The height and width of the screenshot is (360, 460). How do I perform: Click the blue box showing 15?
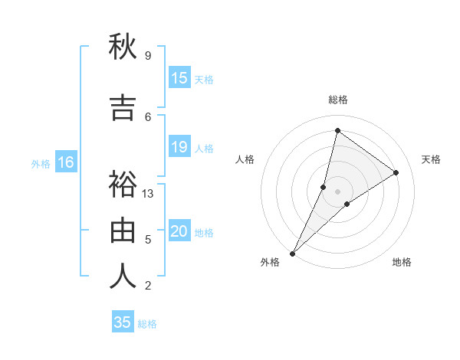(x=179, y=78)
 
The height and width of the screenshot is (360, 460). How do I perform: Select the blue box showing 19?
(x=179, y=147)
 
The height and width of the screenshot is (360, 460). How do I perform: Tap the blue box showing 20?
(x=179, y=232)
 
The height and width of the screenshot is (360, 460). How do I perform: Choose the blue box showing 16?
(x=66, y=162)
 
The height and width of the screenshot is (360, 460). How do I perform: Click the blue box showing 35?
(x=123, y=322)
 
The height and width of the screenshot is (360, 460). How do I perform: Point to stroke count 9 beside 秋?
(x=147, y=56)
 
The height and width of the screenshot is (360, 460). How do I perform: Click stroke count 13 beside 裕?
(x=148, y=194)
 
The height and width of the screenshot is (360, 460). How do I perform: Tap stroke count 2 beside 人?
(x=147, y=286)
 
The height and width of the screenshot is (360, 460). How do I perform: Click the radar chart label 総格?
(x=337, y=100)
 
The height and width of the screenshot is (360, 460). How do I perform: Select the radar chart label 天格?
(x=431, y=159)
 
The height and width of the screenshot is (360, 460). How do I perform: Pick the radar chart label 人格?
(x=245, y=159)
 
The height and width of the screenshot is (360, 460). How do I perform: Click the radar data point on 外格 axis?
(x=292, y=253)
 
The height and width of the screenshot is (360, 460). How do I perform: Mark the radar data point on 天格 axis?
(x=396, y=172)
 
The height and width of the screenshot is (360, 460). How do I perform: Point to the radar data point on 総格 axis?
(x=337, y=129)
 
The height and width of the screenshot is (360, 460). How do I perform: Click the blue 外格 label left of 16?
(x=41, y=163)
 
